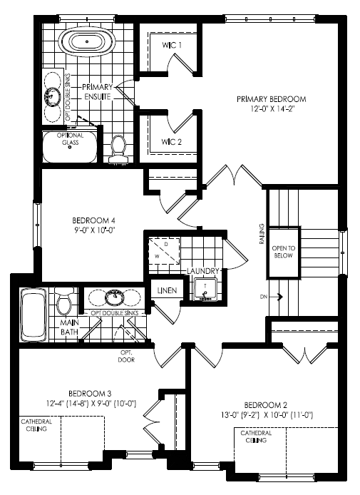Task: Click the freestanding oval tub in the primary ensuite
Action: [86, 42]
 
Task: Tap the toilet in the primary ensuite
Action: [118, 149]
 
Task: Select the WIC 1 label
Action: [172, 45]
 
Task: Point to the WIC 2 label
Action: [171, 142]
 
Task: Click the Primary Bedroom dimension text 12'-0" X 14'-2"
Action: [272, 109]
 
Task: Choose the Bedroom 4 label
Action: [93, 220]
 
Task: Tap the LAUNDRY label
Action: [203, 271]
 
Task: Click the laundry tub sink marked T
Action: [205, 289]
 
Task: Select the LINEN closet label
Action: [167, 290]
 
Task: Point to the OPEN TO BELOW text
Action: [283, 252]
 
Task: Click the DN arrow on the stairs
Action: [279, 297]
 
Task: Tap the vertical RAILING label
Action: [262, 234]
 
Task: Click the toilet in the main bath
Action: [65, 301]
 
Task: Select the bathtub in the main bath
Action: [34, 315]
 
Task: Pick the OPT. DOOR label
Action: [126, 356]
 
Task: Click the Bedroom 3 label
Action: [90, 394]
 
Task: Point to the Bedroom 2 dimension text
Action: [267, 415]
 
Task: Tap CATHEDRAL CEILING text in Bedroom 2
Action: [256, 437]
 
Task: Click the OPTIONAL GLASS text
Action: [70, 139]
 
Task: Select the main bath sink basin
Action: [114, 297]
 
